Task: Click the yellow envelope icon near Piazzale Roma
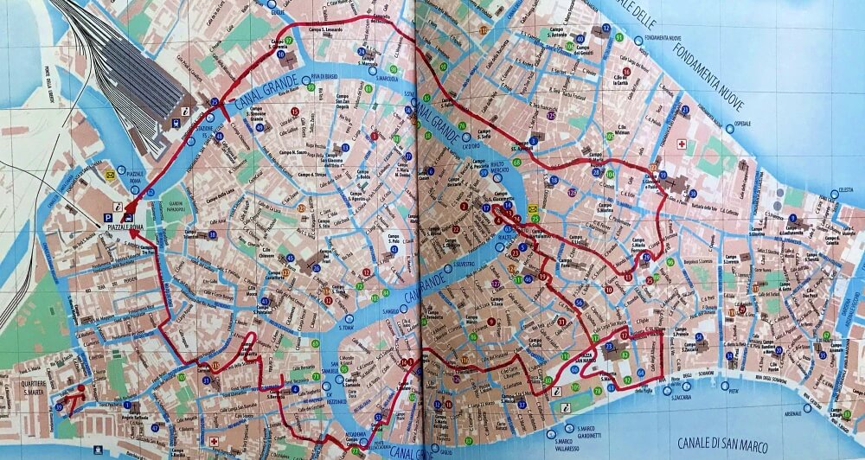(110, 174)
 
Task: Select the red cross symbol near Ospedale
(682, 143)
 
